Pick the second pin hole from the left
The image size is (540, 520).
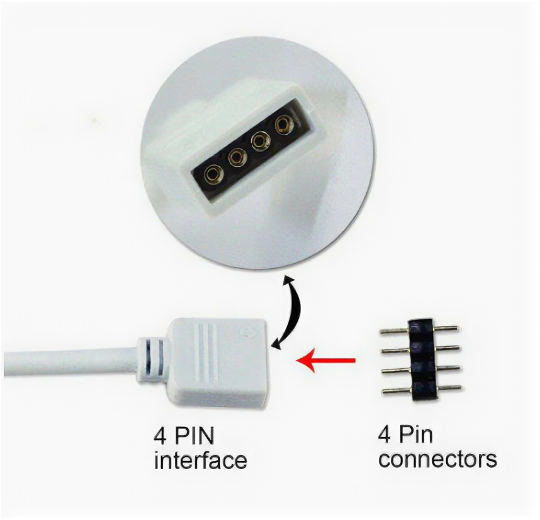(x=237, y=157)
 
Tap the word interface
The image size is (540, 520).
(x=200, y=460)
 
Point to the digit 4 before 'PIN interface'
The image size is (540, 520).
(x=160, y=436)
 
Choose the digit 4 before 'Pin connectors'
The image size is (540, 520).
(x=385, y=435)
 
